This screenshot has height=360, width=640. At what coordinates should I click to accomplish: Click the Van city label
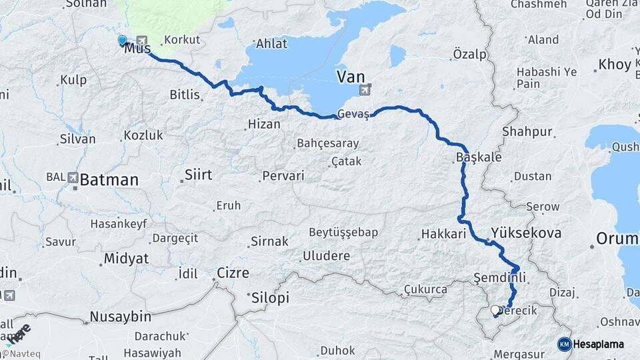pyautogui.click(x=351, y=77)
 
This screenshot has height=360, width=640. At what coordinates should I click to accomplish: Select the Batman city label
pyautogui.click(x=109, y=180)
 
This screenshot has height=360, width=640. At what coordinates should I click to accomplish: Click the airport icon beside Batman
pyautogui.click(x=73, y=178)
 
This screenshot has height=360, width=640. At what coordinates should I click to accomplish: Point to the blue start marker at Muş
pyautogui.click(x=122, y=41)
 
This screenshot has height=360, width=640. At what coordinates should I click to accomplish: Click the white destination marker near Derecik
pyautogui.click(x=495, y=310)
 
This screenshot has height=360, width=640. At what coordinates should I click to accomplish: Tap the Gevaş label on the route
pyautogui.click(x=353, y=115)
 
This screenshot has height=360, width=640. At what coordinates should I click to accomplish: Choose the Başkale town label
pyautogui.click(x=478, y=157)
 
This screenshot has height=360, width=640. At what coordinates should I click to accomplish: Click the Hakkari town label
pyautogui.click(x=443, y=234)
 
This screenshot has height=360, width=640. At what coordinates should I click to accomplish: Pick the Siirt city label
pyautogui.click(x=197, y=175)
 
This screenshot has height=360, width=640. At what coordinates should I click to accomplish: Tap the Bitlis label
pyautogui.click(x=185, y=95)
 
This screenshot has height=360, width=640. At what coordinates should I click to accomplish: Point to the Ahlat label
pyautogui.click(x=271, y=44)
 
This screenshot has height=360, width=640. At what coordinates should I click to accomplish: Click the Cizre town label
pyautogui.click(x=233, y=273)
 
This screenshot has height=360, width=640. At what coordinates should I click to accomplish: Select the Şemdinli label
pyautogui.click(x=499, y=277)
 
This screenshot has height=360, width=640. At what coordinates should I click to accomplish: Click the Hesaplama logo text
pyautogui.click(x=598, y=344)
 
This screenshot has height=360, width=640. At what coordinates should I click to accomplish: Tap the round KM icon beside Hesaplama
pyautogui.click(x=564, y=344)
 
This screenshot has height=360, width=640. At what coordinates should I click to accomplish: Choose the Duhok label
pyautogui.click(x=337, y=350)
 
